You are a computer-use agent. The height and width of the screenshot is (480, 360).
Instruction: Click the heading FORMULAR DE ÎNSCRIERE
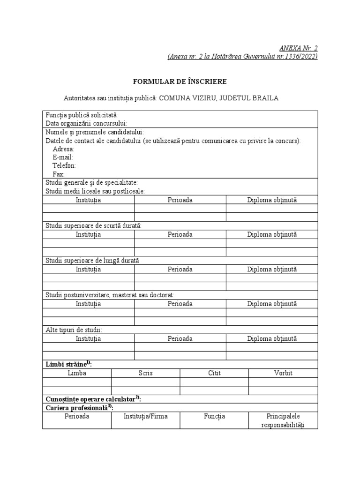pos(180,82)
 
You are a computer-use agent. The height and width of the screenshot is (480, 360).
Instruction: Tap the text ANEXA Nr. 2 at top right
pos(299,48)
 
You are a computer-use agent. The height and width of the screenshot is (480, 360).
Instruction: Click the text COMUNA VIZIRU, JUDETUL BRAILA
pos(219,98)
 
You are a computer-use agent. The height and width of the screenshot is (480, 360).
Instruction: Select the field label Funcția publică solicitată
pos(82,115)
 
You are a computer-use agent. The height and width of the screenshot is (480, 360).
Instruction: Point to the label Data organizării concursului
pos(87,124)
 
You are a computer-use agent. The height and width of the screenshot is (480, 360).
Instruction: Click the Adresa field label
pos(64,149)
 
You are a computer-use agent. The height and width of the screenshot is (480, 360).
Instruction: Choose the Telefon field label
pos(64,166)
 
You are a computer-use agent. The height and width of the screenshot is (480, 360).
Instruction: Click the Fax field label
pos(59,174)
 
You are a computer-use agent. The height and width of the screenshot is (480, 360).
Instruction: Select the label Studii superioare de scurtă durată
pos(94,225)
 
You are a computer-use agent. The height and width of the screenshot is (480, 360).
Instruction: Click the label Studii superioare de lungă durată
pos(93,260)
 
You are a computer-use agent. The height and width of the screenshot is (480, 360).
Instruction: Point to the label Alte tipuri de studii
pos(74,330)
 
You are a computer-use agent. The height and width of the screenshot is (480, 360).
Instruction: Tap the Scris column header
pos(145,373)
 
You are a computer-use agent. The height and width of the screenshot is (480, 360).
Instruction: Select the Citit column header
pos(214,373)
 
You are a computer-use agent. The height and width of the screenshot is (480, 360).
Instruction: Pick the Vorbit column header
pos(283,373)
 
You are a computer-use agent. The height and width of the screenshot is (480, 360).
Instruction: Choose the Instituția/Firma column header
pos(145,416)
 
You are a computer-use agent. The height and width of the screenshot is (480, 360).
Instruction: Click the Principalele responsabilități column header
pos(283,420)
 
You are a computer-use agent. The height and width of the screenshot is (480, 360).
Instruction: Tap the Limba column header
pos(77,373)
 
